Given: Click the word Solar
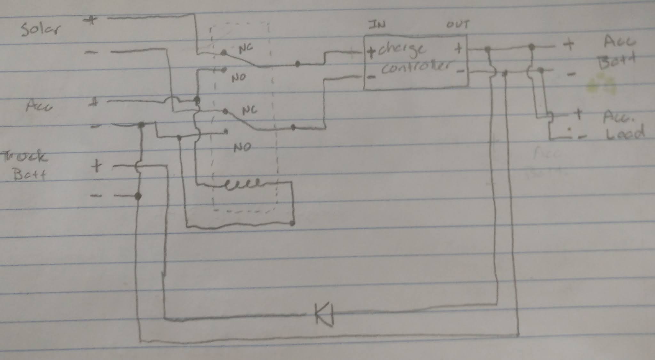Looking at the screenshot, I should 40,29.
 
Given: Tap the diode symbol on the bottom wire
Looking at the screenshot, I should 324,315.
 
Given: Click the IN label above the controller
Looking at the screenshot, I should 377,25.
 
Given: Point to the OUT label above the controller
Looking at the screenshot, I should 458,25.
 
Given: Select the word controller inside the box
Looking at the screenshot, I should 416,68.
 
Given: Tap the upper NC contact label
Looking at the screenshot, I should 246,48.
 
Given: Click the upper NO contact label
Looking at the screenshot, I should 239,78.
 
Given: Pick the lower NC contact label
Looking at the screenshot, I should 249,111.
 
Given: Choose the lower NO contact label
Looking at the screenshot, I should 242,147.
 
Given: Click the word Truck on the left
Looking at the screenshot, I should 24,156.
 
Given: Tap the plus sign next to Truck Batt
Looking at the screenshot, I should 97,166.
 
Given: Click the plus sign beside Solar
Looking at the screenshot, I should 91,20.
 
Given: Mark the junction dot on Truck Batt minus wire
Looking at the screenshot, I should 138,196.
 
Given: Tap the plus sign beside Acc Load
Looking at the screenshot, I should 578,113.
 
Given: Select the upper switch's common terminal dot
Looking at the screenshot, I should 297,64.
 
